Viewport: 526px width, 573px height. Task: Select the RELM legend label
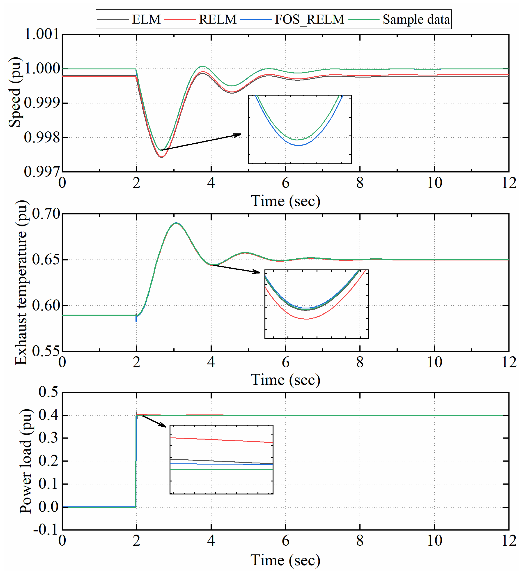pos(217,19)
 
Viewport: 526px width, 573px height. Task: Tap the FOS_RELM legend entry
pos(309,19)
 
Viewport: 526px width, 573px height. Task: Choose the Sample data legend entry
pos(416,19)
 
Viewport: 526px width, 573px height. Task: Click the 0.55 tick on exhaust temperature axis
pos(46,351)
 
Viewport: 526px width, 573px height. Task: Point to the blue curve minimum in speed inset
pos(299,146)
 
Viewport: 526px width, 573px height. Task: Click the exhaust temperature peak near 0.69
pos(176,223)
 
